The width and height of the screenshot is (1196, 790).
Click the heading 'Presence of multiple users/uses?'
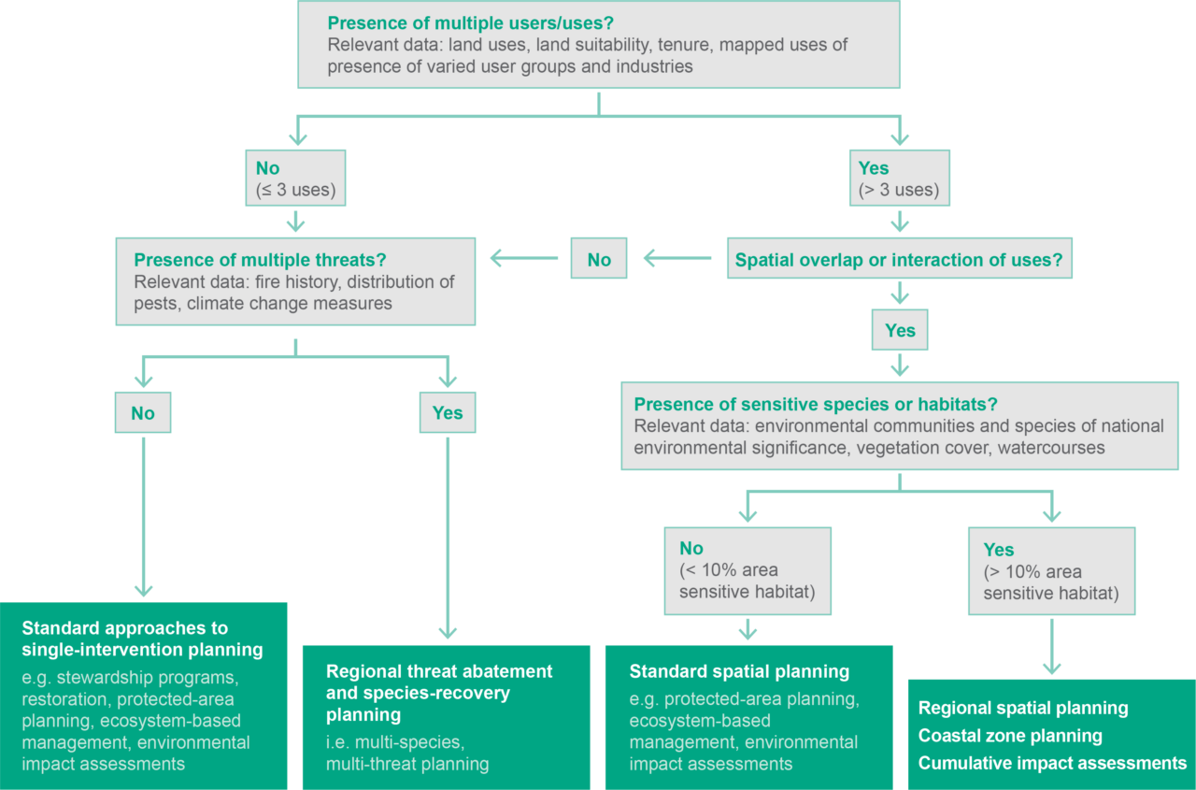tap(471, 22)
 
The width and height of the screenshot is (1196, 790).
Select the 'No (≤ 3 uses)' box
tap(295, 180)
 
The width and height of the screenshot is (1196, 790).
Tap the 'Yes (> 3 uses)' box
tap(899, 180)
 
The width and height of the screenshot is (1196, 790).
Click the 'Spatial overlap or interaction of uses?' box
tap(899, 260)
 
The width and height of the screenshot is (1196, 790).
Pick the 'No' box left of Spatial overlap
tap(599, 260)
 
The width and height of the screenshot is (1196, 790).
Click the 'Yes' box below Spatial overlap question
tap(900, 331)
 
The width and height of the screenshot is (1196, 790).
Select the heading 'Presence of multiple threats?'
tap(260, 260)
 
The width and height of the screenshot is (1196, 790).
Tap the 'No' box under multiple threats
tap(143, 413)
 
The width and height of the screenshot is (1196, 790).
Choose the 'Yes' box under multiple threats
tap(448, 412)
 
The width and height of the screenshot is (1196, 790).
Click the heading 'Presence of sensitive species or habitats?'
tap(816, 405)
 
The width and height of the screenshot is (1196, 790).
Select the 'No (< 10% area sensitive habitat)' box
tap(747, 569)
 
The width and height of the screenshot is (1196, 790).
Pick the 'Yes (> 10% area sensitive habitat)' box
tap(1051, 570)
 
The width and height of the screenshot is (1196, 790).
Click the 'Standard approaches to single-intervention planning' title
tap(142, 638)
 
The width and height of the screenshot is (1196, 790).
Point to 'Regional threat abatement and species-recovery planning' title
tap(439, 693)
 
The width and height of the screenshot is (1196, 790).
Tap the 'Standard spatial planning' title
tap(739, 671)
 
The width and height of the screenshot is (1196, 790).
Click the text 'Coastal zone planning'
tap(1010, 736)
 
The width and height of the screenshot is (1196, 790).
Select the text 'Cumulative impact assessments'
tap(1052, 763)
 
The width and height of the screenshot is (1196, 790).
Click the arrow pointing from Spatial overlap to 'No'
tap(677, 259)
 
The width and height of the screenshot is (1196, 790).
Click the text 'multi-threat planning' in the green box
tap(407, 764)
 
